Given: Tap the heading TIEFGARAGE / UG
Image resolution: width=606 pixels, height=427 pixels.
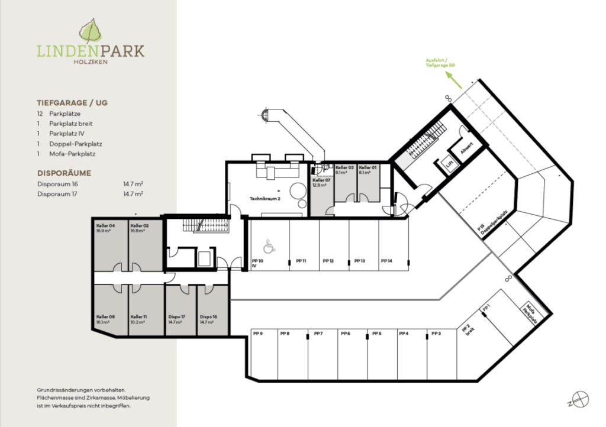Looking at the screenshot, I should (x=72, y=102).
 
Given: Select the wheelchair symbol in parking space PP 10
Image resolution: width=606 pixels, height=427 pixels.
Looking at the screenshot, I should (x=267, y=244).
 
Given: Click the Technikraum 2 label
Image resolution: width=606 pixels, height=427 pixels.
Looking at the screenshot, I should (x=265, y=199).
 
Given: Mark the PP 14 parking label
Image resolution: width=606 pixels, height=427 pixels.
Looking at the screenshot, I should (x=386, y=261).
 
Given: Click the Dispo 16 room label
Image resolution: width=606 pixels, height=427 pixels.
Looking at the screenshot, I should (x=208, y=317).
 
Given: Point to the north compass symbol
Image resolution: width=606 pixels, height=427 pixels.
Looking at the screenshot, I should (x=581, y=400).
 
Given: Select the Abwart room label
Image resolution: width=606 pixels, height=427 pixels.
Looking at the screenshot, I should (x=466, y=145).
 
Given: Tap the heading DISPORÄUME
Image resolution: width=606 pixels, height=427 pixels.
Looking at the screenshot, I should (x=64, y=174).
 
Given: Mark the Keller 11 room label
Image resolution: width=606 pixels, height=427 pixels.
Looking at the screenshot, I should (x=139, y=317).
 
